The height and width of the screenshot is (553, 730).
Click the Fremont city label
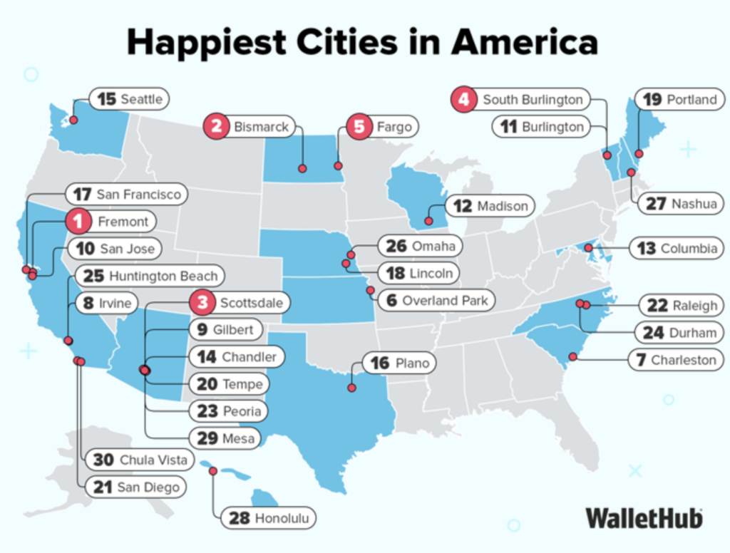pos(123,222)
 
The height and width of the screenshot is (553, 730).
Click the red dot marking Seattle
pos(73,120)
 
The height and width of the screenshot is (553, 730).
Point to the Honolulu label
pos(282,518)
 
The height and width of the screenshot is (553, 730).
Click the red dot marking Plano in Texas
pos(351,388)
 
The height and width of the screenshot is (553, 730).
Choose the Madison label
pos(502,206)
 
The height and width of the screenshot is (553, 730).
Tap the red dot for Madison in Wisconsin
pos(428,221)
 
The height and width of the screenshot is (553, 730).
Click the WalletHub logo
pos(644,517)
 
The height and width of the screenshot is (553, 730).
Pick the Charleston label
pos(682,360)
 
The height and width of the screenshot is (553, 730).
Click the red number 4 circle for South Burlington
pos(463,99)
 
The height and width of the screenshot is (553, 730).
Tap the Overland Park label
pos(444,300)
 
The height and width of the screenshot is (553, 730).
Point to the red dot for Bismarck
pos(302,169)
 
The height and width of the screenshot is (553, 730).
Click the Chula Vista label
pos(153,460)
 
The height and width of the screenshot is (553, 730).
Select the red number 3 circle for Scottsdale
pos(202,302)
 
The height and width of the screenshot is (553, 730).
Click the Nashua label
pos(693,204)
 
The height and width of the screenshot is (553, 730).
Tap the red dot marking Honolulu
pos(212,471)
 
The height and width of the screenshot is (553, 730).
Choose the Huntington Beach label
pos(163,275)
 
